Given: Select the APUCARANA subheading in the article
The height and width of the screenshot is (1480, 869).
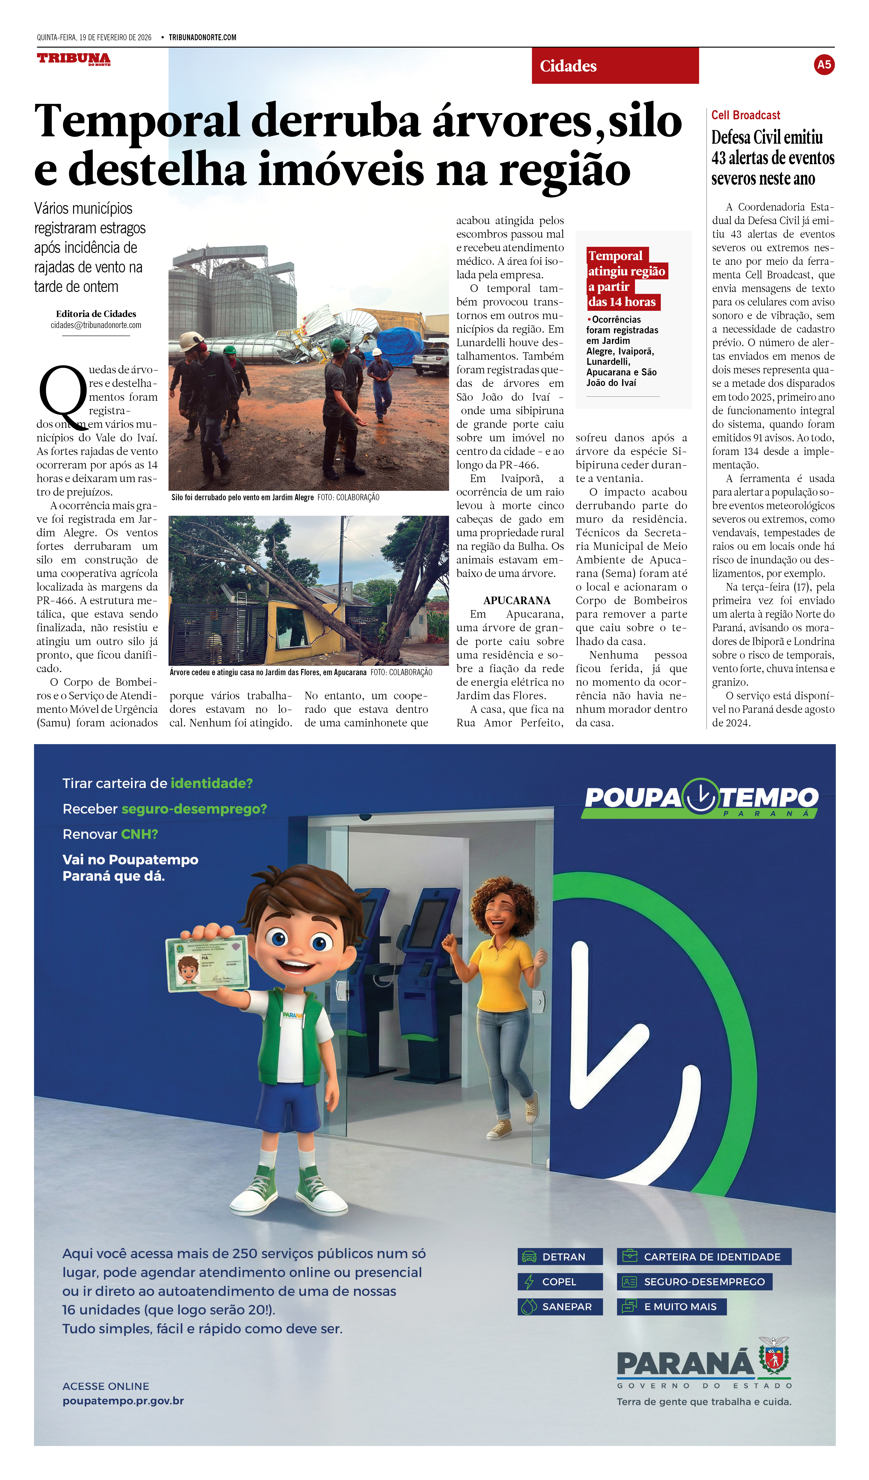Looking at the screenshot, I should (x=517, y=600).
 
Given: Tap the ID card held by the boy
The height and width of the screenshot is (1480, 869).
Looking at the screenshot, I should (x=207, y=964).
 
